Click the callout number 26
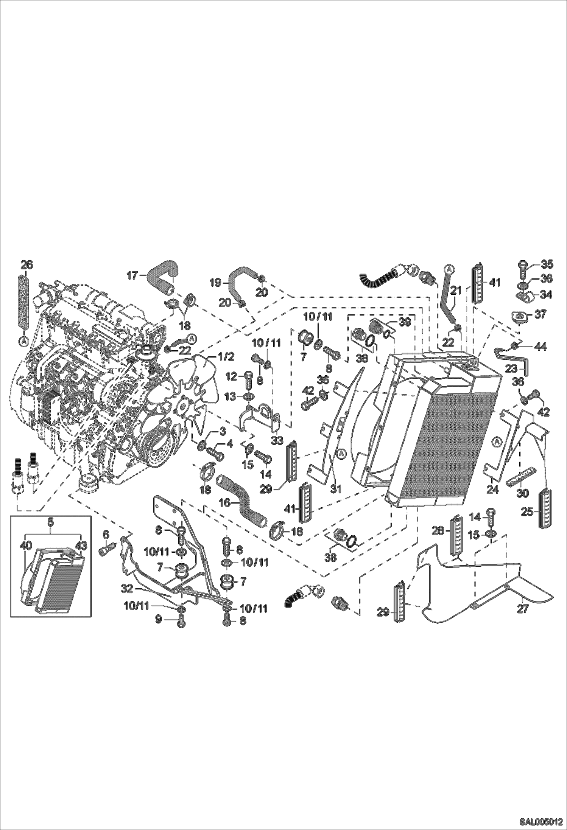click(x=27, y=265)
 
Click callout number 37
click(x=540, y=314)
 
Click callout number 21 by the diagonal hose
click(x=457, y=291)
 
